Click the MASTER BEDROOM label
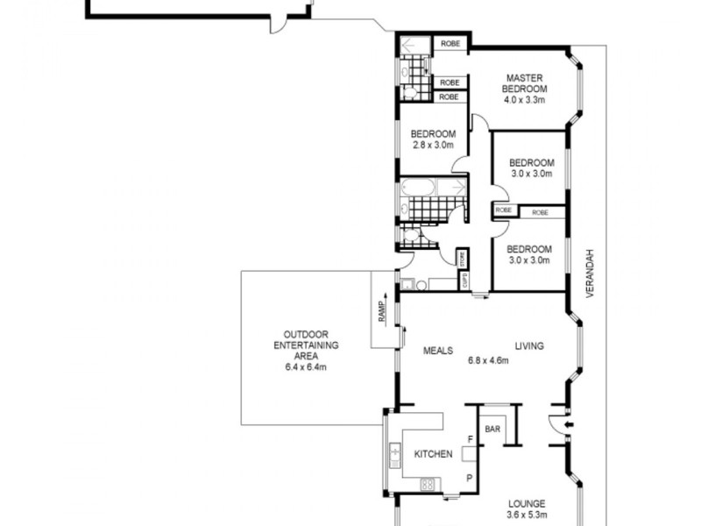525,83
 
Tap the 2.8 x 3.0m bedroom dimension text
433,145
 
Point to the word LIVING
529,345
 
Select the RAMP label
382,312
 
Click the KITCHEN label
433,454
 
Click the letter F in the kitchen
470,437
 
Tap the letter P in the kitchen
470,478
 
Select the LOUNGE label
527,504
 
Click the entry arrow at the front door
569,428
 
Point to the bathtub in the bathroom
420,189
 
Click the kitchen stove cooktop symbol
427,483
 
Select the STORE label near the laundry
464,259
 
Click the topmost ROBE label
450,43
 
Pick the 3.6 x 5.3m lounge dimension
527,515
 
